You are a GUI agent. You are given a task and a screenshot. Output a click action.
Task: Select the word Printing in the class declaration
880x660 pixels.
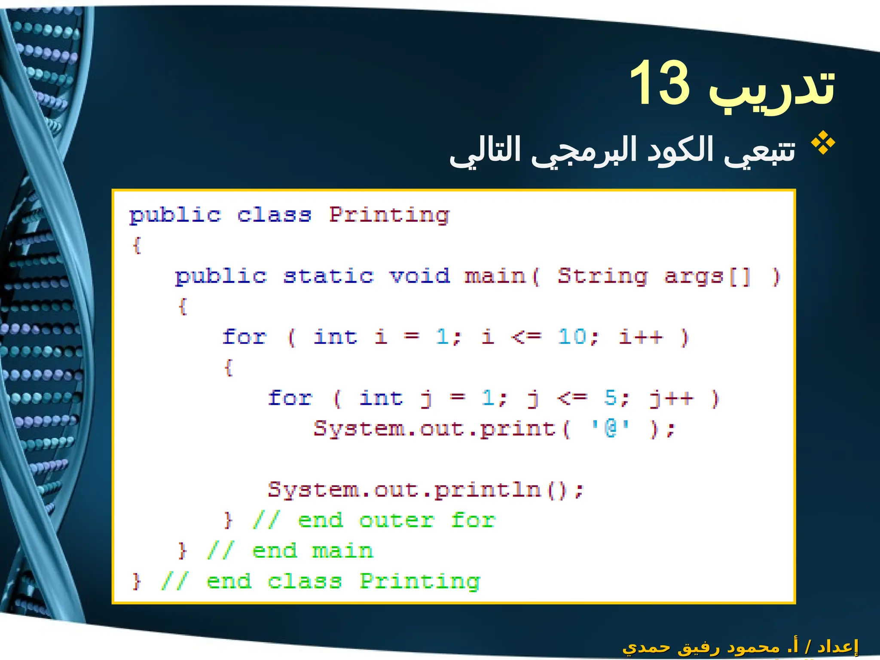[389, 215]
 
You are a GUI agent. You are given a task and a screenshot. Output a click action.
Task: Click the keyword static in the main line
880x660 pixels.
[329, 276]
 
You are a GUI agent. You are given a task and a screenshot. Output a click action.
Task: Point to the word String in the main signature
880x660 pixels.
[602, 276]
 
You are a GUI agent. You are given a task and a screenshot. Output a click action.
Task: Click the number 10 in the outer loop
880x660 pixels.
[572, 336]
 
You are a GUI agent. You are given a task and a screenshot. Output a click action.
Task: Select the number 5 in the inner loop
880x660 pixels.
[610, 397]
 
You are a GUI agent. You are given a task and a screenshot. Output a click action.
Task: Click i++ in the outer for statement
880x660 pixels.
[641, 336]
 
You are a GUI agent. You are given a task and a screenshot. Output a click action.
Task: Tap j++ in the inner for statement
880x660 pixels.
[671, 397]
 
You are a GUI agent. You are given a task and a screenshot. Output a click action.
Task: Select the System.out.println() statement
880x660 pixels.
[425, 489]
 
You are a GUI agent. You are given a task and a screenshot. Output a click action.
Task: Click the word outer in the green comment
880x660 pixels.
[397, 520]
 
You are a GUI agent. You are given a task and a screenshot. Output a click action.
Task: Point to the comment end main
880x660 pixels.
[312, 551]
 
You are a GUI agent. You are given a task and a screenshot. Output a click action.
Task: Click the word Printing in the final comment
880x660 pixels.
[420, 581]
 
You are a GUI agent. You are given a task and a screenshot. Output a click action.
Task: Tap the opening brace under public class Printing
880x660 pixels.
[137, 245]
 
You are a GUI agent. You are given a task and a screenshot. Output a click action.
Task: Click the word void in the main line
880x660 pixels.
[420, 276]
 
